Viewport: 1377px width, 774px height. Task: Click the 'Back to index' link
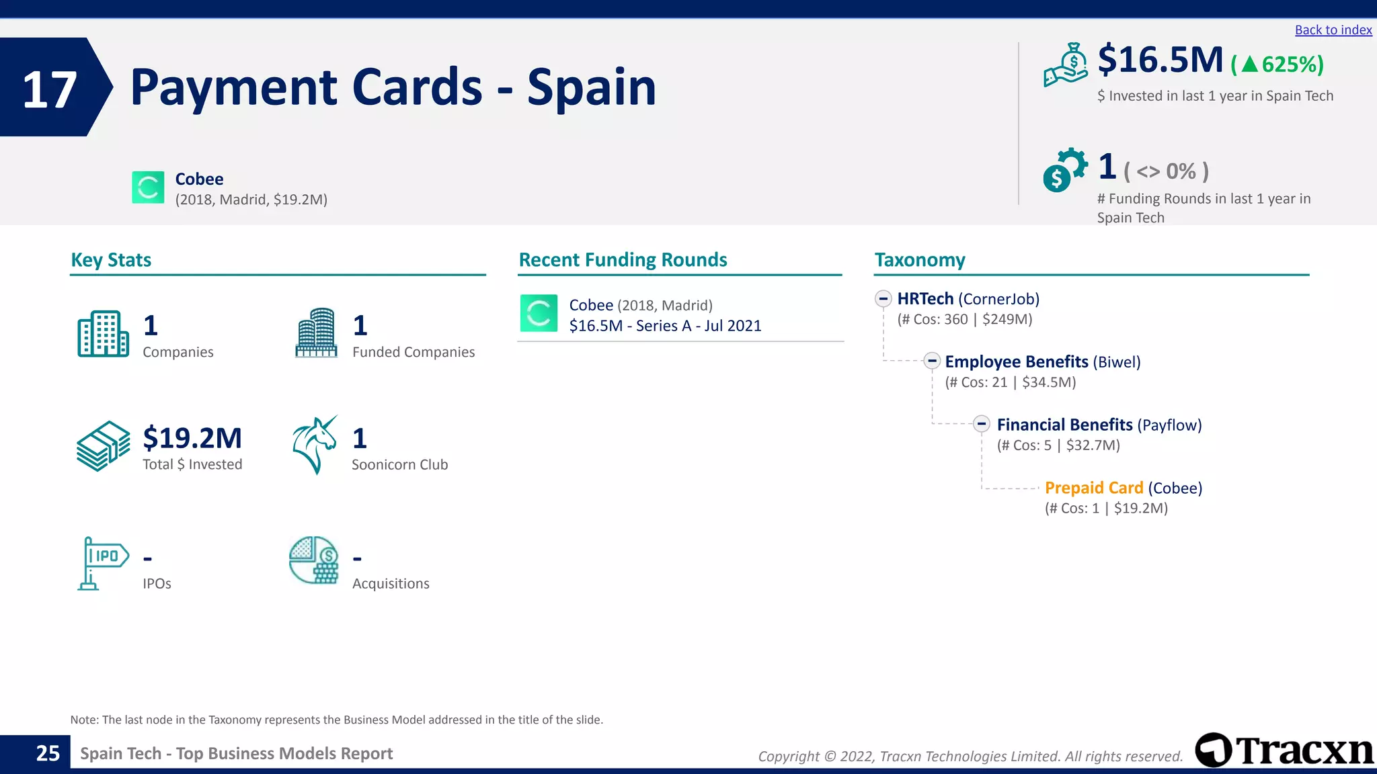[x=1333, y=30]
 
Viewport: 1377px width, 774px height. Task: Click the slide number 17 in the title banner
[x=50, y=89]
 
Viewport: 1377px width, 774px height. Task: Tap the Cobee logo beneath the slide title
[x=148, y=187]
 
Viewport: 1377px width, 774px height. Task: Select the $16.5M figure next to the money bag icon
[x=1160, y=60]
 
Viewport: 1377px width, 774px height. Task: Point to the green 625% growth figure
[x=1284, y=64]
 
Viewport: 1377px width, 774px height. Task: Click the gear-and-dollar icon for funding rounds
[x=1064, y=170]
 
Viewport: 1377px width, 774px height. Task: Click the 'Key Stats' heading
[x=111, y=260]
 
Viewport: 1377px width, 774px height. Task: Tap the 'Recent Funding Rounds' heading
[x=623, y=260]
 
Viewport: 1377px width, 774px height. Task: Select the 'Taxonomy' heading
[x=919, y=260]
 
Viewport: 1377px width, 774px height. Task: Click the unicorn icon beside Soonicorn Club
[x=315, y=445]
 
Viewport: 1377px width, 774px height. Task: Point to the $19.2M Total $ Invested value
[x=192, y=438]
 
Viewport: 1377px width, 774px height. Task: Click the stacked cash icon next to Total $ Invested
[x=103, y=446]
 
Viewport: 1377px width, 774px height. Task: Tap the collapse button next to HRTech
[x=883, y=299]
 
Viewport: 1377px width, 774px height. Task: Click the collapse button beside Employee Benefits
[x=931, y=361]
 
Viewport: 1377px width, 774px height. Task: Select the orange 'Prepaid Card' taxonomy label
[x=1093, y=488]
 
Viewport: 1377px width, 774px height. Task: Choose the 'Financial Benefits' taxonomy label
[x=1064, y=425]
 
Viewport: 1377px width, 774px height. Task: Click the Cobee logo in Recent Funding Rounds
[x=539, y=314]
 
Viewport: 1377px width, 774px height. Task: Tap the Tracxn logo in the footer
[x=1284, y=750]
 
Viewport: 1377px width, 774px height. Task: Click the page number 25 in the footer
[x=48, y=753]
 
